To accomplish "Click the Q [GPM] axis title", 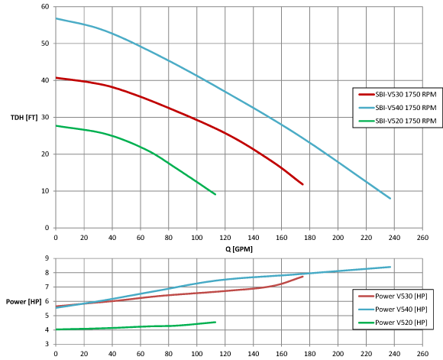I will pos(239,249).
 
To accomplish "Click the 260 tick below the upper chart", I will pos(422,238).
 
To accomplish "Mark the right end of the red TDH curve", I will pos(302,184).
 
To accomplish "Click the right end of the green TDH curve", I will pos(215,194).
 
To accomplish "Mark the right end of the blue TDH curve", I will pos(390,199).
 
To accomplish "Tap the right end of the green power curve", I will pos(215,322).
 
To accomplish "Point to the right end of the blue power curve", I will pos(390,267).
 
